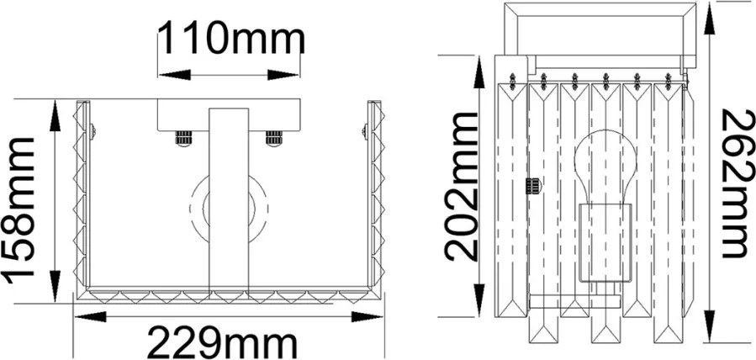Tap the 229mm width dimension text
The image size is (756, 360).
pos(222,342)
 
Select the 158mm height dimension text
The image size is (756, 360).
pos(19,210)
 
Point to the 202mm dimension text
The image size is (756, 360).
pos(461,187)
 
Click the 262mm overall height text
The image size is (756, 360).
pos(738,183)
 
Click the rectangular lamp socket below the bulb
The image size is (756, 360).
pos(605,242)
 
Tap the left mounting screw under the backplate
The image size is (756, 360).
pos(183,138)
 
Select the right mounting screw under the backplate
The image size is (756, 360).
pos(274,138)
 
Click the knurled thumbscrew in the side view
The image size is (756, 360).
pos(533,186)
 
